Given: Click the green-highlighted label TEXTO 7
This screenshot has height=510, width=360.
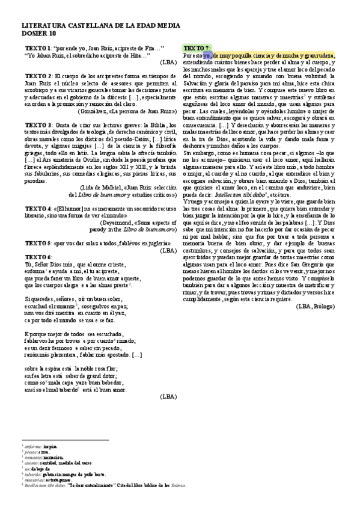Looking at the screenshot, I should (197, 48).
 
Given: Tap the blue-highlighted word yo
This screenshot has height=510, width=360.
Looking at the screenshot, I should (207, 55).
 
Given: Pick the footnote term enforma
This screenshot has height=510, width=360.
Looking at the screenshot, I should (32, 447).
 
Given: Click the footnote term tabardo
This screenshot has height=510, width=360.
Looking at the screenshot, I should (32, 475).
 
